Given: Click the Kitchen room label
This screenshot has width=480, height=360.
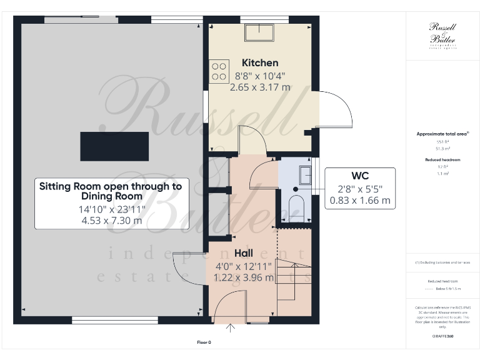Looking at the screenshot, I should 260,62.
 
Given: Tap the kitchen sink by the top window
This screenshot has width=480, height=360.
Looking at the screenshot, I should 259,31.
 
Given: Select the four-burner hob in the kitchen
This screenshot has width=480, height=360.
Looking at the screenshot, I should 219,70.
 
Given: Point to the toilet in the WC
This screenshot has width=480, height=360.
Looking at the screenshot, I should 296,207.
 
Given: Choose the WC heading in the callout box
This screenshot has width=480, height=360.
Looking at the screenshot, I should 359,175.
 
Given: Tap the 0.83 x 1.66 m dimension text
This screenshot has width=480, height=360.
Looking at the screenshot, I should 359,201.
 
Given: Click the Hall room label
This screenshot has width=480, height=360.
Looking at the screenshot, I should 243,254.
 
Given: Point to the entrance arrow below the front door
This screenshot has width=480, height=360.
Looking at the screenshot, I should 231,327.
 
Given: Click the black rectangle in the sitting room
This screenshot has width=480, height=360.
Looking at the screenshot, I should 114,147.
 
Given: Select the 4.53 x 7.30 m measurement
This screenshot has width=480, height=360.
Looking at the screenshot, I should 111,221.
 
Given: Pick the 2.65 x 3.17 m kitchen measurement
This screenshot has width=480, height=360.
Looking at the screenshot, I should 260,87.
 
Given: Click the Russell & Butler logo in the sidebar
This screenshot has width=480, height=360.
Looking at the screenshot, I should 442,34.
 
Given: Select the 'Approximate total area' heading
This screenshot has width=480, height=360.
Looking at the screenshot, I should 442,134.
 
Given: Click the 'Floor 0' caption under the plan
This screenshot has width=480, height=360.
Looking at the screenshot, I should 204,342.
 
